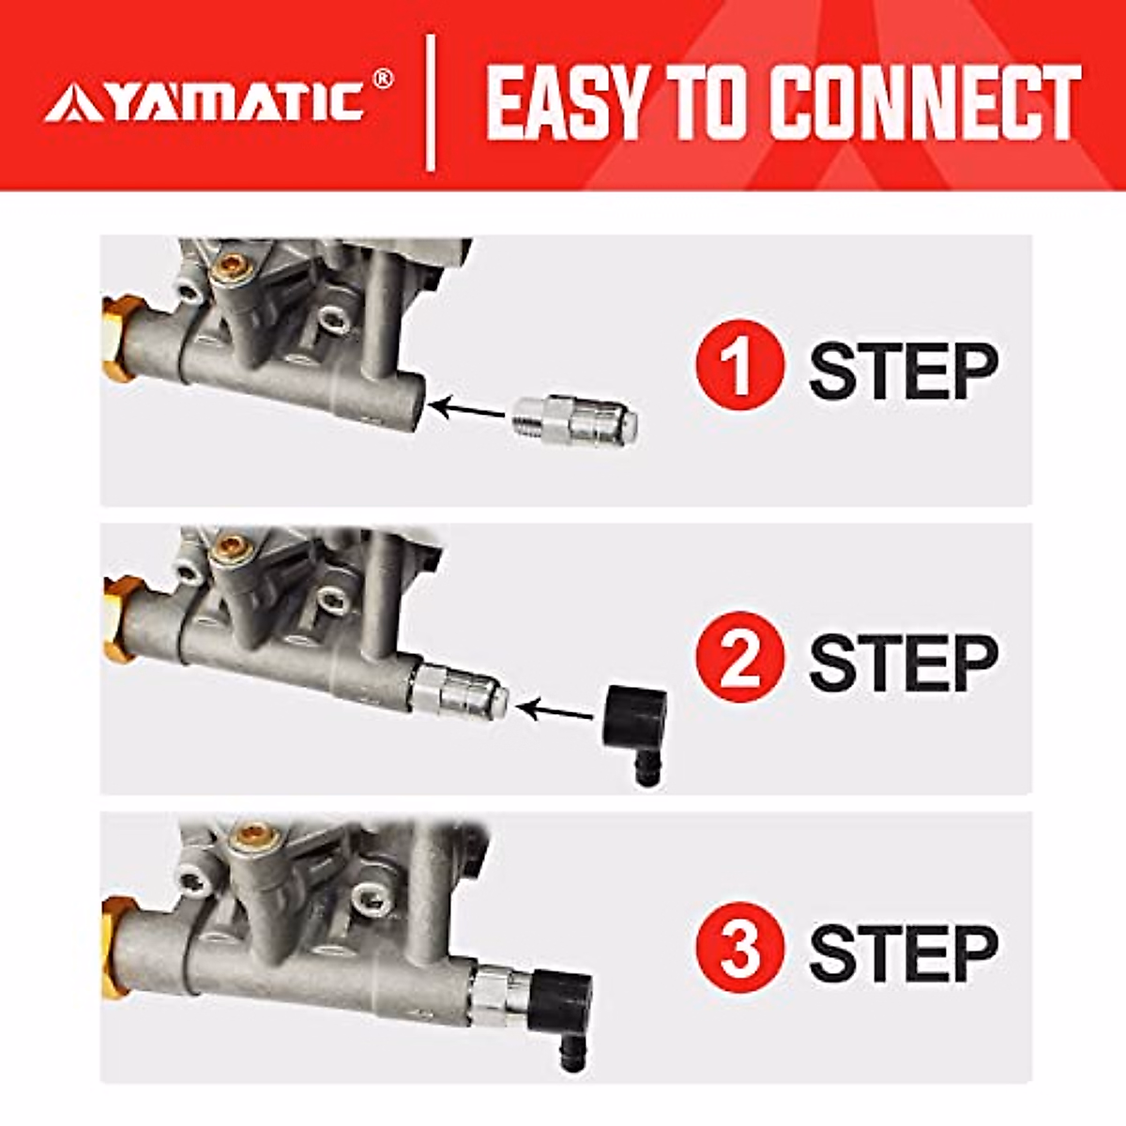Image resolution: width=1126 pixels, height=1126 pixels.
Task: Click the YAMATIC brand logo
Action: tap(206, 102)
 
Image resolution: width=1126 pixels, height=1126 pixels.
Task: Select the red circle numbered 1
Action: tap(739, 369)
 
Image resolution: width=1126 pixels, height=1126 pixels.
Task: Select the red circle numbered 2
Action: tap(739, 660)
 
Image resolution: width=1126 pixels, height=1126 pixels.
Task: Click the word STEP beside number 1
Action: tap(902, 371)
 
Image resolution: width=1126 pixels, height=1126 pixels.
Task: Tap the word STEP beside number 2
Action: tap(902, 662)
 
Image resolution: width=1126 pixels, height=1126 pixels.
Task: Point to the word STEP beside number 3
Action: tap(902, 952)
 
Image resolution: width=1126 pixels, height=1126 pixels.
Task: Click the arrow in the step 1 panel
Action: tap(469, 408)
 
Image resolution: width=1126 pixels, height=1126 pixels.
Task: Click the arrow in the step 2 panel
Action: tap(559, 711)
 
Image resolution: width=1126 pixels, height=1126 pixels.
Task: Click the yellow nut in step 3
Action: tap(117, 938)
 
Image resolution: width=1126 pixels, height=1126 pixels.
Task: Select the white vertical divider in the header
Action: tap(431, 103)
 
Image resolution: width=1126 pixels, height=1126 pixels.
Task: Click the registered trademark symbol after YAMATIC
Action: tap(383, 80)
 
